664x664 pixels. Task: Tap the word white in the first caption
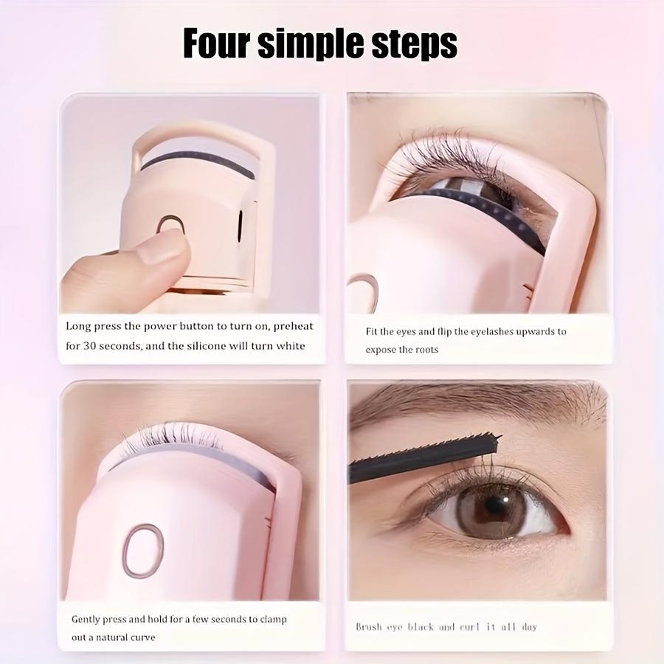(291, 346)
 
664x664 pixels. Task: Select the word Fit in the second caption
(373, 331)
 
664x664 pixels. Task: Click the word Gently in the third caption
(88, 619)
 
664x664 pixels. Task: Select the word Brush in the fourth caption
(369, 627)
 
